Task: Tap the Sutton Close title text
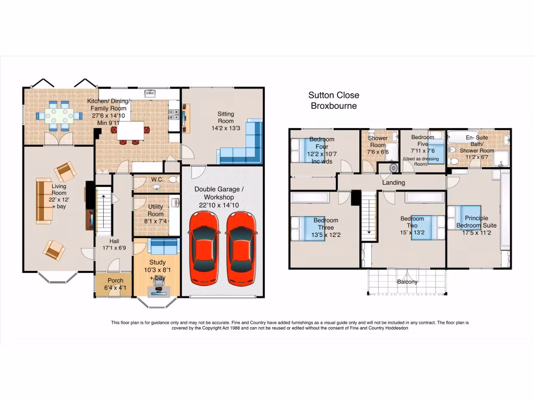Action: [x=333, y=95]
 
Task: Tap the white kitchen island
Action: [x=130, y=131]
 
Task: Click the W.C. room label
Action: [x=157, y=180]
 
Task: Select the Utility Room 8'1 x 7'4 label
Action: [x=155, y=214]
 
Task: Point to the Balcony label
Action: [x=407, y=282]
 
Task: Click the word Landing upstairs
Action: [x=393, y=183]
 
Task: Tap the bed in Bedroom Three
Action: [x=308, y=229]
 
